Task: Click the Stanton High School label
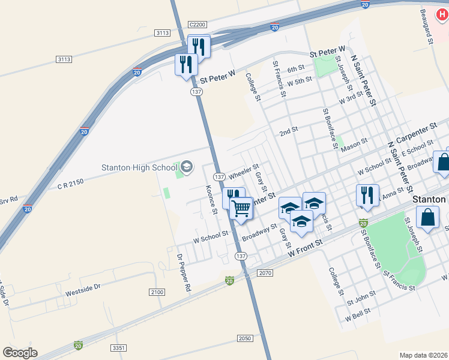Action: [139, 167]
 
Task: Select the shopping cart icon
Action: [241, 209]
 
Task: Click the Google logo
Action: [20, 353]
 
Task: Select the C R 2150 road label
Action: [71, 186]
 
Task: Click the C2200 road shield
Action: [197, 25]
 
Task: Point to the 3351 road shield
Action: [119, 347]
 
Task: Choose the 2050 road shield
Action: [244, 338]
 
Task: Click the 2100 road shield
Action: [156, 292]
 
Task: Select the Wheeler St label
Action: [243, 170]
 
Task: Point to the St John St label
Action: [361, 295]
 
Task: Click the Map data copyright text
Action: [423, 355]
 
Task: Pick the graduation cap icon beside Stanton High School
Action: [186, 166]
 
